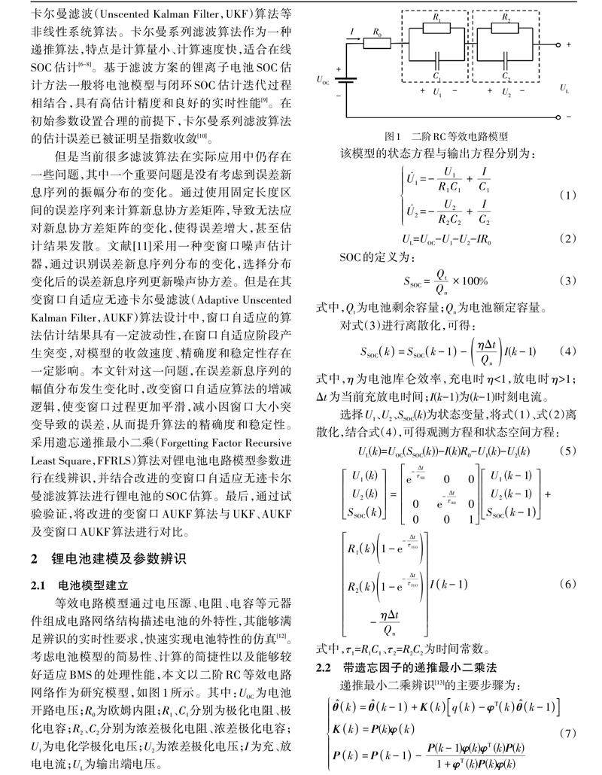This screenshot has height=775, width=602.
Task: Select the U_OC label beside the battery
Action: tap(322, 80)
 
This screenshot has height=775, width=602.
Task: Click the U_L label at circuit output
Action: tap(565, 90)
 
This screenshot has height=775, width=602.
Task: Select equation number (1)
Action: tap(567, 195)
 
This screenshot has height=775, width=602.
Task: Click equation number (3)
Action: tap(567, 281)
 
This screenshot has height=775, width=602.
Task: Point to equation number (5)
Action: tap(567, 451)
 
